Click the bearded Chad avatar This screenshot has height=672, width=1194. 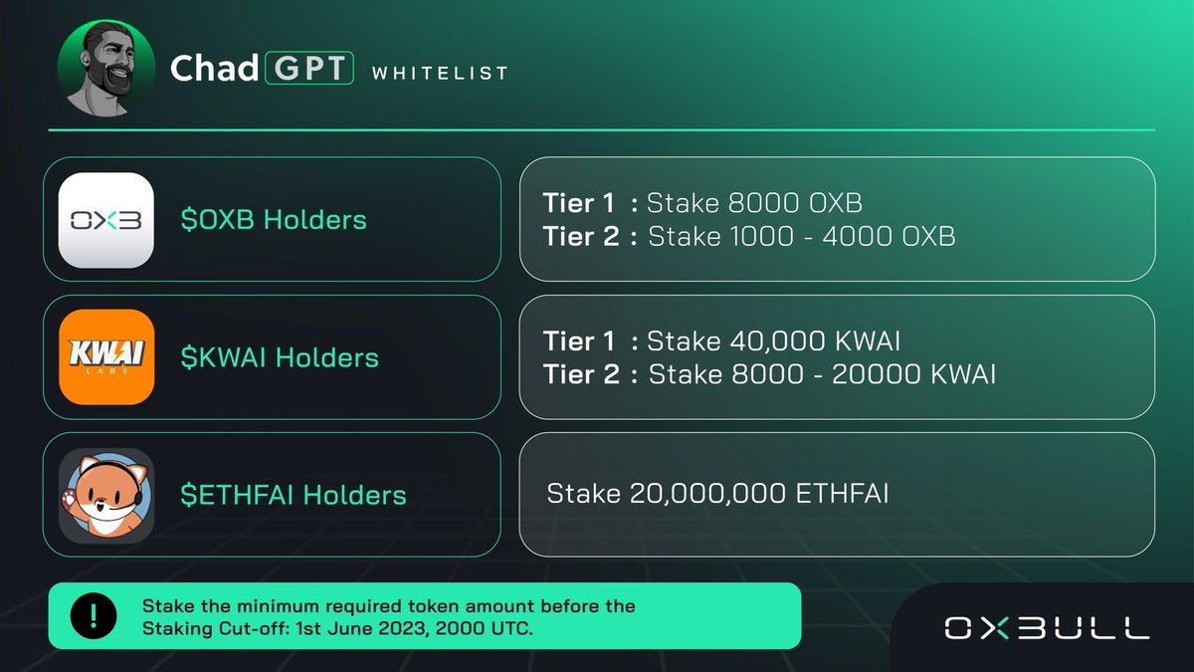point(106,69)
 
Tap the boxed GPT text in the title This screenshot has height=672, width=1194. point(308,69)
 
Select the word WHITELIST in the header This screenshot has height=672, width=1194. point(439,73)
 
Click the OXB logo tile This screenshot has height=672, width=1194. point(106,220)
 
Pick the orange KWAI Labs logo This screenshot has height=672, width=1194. point(106,357)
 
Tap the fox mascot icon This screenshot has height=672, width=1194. point(106,495)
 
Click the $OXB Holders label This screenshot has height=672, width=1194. point(274,220)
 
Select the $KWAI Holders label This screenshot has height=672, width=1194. point(280,357)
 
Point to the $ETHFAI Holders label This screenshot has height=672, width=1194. point(294,495)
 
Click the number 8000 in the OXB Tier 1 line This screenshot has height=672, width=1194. point(765,204)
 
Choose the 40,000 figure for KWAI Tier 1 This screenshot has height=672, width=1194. point(775,341)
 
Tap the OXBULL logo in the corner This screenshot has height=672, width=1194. point(1047,627)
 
